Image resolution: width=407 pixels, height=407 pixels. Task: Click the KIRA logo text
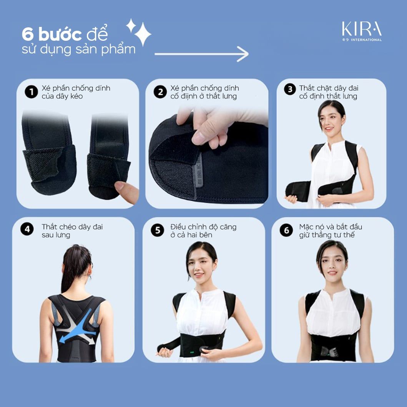[x=362, y=29]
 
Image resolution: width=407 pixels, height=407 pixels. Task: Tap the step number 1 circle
[x=31, y=92]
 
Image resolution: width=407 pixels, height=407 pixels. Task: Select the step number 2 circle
[x=160, y=92]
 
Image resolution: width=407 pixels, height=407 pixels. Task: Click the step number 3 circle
[x=289, y=89]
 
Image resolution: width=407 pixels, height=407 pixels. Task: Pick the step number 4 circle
[x=27, y=229]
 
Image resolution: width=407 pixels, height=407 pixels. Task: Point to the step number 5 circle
[x=157, y=230]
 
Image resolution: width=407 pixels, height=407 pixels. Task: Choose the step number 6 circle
[x=286, y=230]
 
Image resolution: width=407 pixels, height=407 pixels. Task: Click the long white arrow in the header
[x=201, y=54]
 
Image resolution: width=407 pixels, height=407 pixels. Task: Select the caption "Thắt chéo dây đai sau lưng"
[x=72, y=231]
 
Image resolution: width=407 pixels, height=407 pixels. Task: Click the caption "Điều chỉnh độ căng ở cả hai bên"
[x=203, y=231]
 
